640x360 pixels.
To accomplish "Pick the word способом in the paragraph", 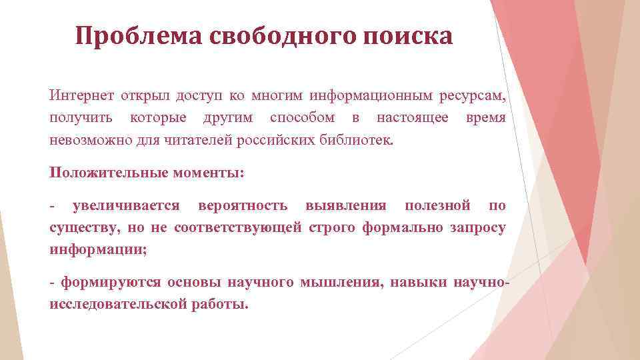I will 303,118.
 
